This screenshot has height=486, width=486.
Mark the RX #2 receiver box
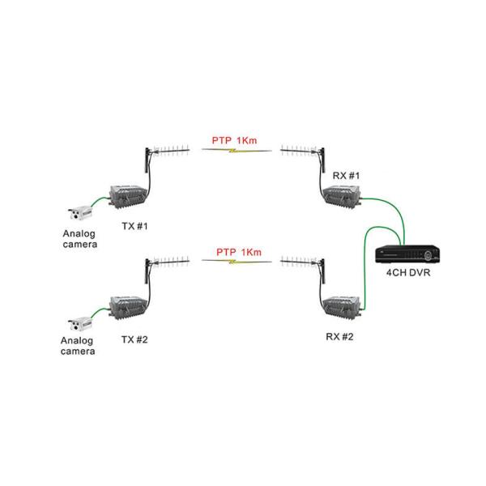click(340, 306)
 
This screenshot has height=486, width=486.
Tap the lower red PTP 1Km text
click(237, 252)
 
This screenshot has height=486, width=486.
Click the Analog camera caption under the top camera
click(79, 237)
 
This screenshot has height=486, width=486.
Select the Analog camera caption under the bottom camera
click(78, 347)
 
